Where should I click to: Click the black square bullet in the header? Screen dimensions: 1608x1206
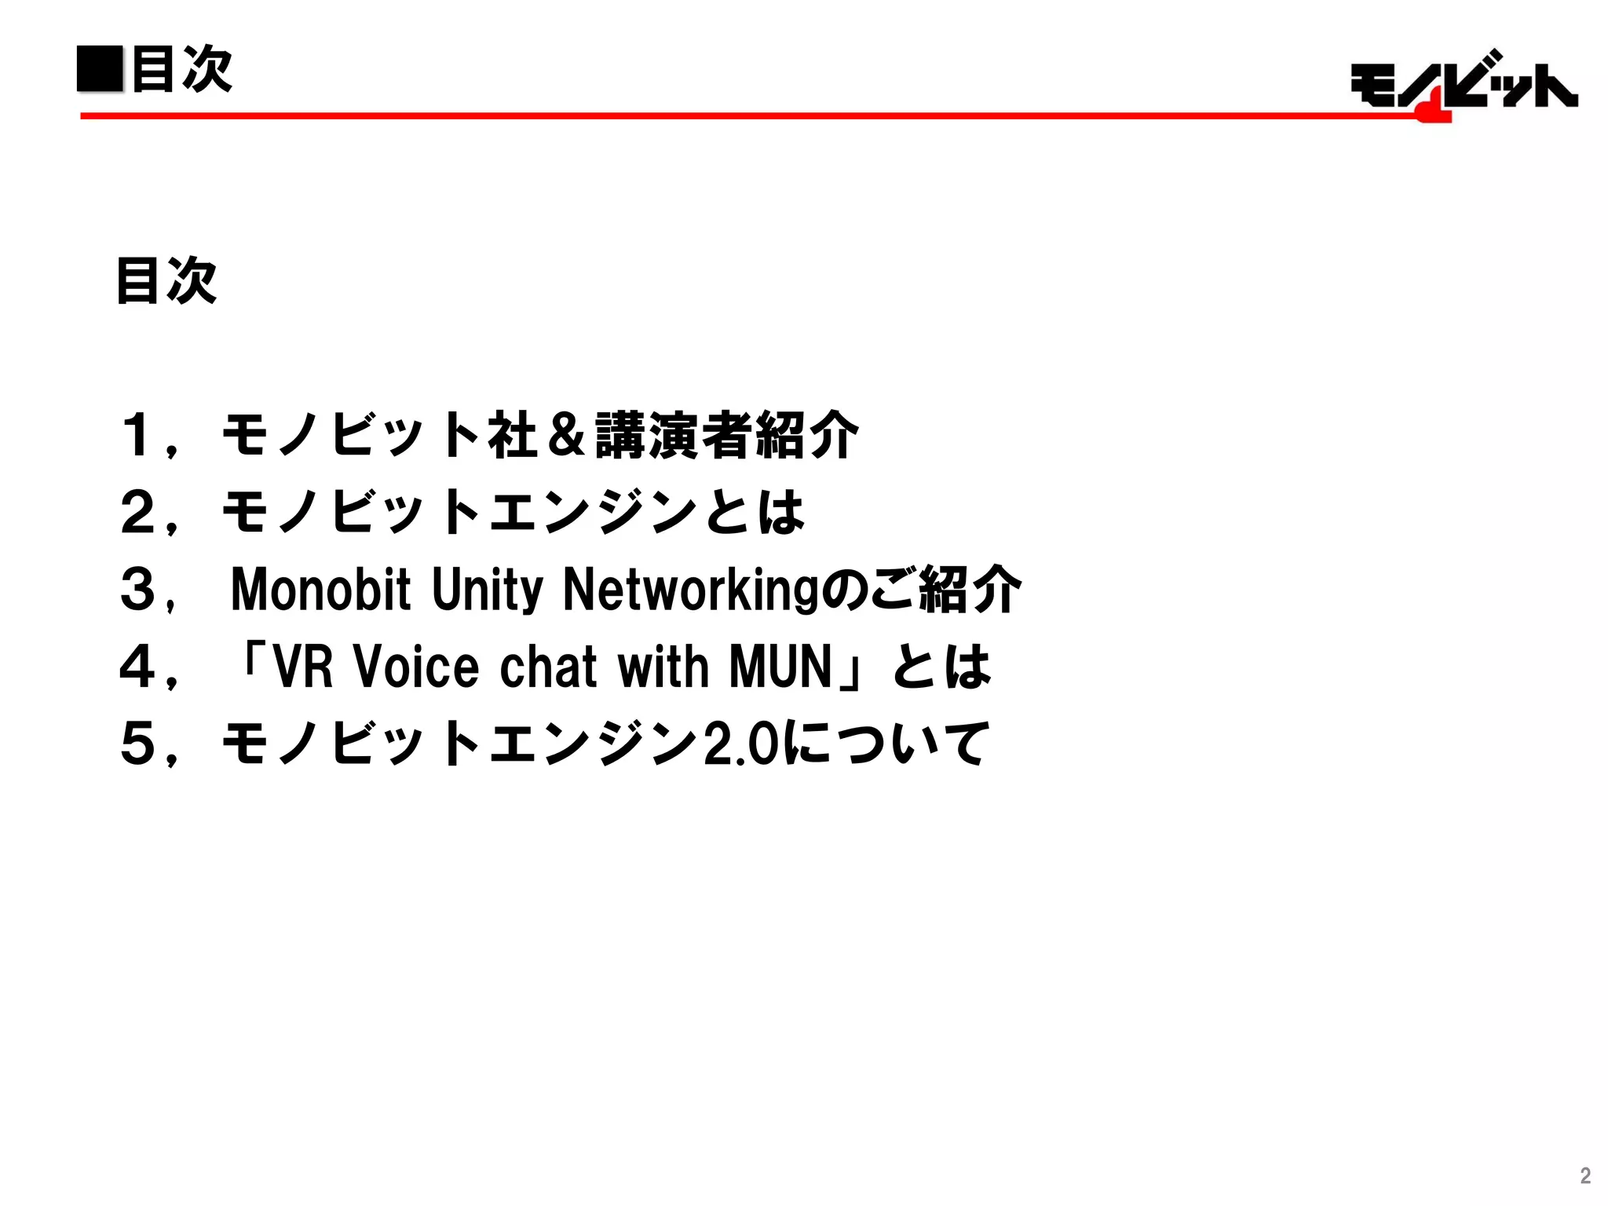pyautogui.click(x=100, y=69)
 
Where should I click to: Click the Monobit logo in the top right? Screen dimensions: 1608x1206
pyautogui.click(x=1464, y=85)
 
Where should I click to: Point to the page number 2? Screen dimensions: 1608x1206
pyautogui.click(x=1585, y=1175)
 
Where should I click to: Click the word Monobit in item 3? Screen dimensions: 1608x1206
pyautogui.click(x=320, y=589)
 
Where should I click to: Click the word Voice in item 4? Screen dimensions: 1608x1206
pyautogui.click(x=416, y=667)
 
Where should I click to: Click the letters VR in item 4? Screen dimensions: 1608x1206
pyautogui.click(x=303, y=667)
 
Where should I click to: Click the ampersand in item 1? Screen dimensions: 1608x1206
pyautogui.click(x=567, y=434)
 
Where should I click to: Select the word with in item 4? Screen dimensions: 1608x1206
pyautogui.click(x=663, y=667)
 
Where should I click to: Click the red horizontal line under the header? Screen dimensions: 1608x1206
pyautogui.click(x=707, y=115)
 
